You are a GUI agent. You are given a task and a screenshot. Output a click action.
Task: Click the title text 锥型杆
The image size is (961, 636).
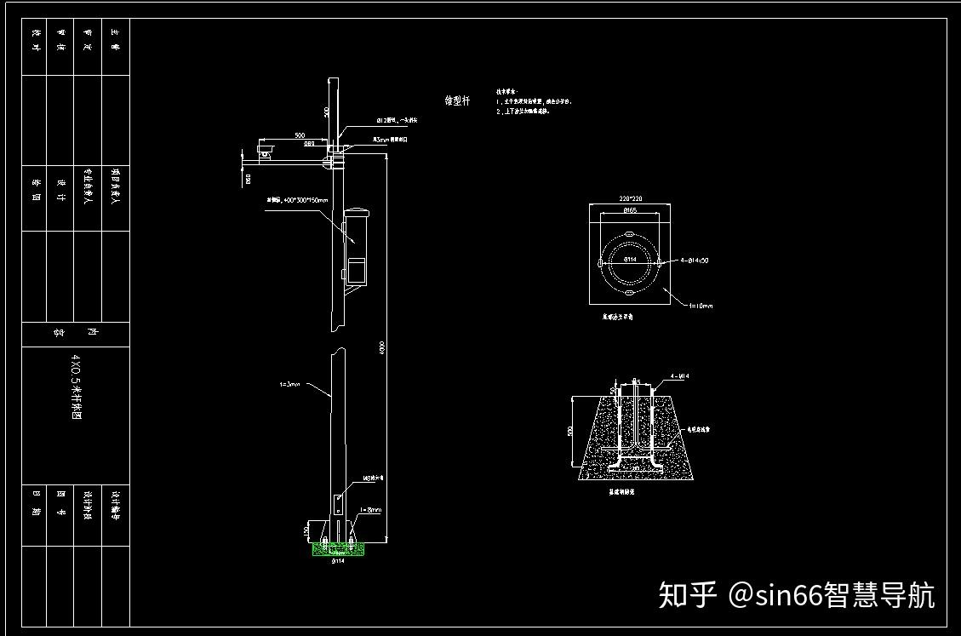[457, 100]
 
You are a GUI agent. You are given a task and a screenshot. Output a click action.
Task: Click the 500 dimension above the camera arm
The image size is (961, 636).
[300, 135]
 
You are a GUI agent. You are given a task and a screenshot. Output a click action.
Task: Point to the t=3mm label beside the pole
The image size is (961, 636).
[290, 384]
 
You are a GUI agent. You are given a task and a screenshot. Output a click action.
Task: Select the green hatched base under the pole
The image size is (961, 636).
[338, 549]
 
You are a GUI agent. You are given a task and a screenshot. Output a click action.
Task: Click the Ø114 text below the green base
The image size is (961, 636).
[338, 561]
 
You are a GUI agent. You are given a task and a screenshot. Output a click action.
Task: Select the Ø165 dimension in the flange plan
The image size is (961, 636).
[630, 209]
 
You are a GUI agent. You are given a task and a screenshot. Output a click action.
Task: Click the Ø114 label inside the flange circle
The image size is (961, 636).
[630, 258]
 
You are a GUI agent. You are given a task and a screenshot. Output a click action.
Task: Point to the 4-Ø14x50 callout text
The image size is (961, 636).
[695, 261]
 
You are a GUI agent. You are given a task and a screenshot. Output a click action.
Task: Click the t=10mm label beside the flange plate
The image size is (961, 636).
[701, 305]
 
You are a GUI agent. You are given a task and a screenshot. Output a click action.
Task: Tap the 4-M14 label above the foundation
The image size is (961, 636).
[679, 375]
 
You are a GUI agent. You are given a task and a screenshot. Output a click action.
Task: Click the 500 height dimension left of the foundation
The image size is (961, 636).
[570, 431]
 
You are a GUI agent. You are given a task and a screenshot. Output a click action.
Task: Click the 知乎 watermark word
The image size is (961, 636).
[688, 595]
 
